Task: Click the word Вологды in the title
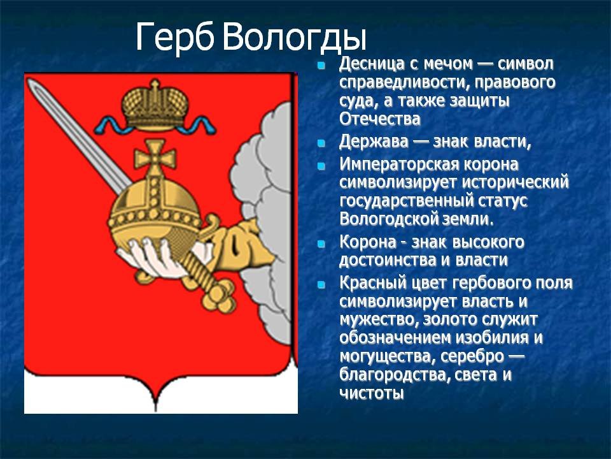(295, 38)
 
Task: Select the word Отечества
(379, 119)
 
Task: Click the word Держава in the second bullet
(374, 142)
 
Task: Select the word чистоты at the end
(371, 393)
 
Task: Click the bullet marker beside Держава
(321, 143)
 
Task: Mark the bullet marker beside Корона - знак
(321, 244)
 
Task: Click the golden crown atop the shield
(155, 105)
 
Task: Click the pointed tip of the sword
(29, 80)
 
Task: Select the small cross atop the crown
(155, 84)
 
